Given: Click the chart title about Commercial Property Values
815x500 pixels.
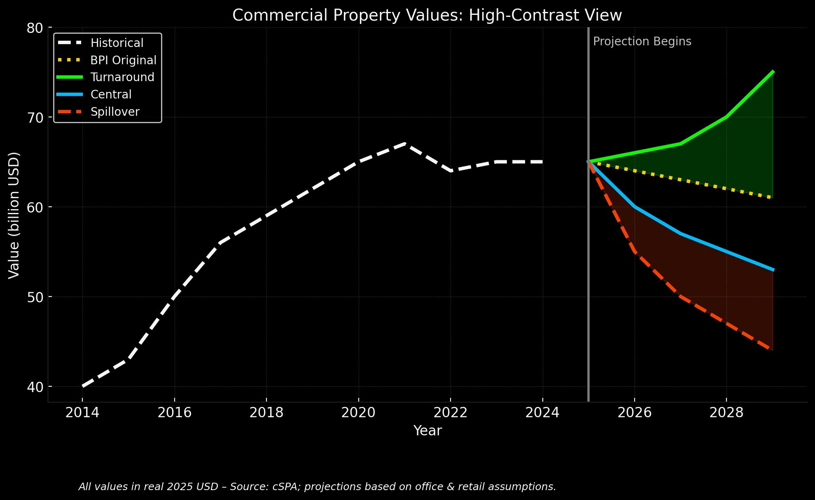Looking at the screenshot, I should pyautogui.click(x=427, y=16).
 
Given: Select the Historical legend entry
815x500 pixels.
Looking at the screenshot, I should pyautogui.click(x=117, y=43).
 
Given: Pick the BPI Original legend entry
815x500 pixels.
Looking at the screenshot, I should pyautogui.click(x=123, y=60).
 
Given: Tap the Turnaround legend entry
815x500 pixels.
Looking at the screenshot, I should pyautogui.click(x=122, y=77).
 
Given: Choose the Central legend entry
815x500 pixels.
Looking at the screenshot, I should pyautogui.click(x=111, y=95).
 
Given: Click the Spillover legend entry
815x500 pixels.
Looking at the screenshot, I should pyautogui.click(x=115, y=112).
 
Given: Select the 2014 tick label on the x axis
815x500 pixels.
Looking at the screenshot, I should pyautogui.click(x=82, y=413).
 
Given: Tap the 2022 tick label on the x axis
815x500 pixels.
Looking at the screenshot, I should pyautogui.click(x=451, y=413).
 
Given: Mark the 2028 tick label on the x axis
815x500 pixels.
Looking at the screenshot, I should pyautogui.click(x=726, y=413).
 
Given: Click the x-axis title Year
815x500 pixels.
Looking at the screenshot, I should pyautogui.click(x=427, y=431).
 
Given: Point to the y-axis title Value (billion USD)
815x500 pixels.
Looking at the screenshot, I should pyautogui.click(x=14, y=215).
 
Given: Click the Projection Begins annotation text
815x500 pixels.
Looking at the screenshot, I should pyautogui.click(x=642, y=42).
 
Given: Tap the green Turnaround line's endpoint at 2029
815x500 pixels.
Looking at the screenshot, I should pyautogui.click(x=773, y=72).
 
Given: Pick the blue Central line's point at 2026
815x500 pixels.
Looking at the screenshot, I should pyautogui.click(x=635, y=206).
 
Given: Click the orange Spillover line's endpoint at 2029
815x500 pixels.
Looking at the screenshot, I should pyautogui.click(x=773, y=350).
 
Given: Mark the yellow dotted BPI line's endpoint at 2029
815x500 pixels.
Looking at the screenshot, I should pyautogui.click(x=773, y=198).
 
